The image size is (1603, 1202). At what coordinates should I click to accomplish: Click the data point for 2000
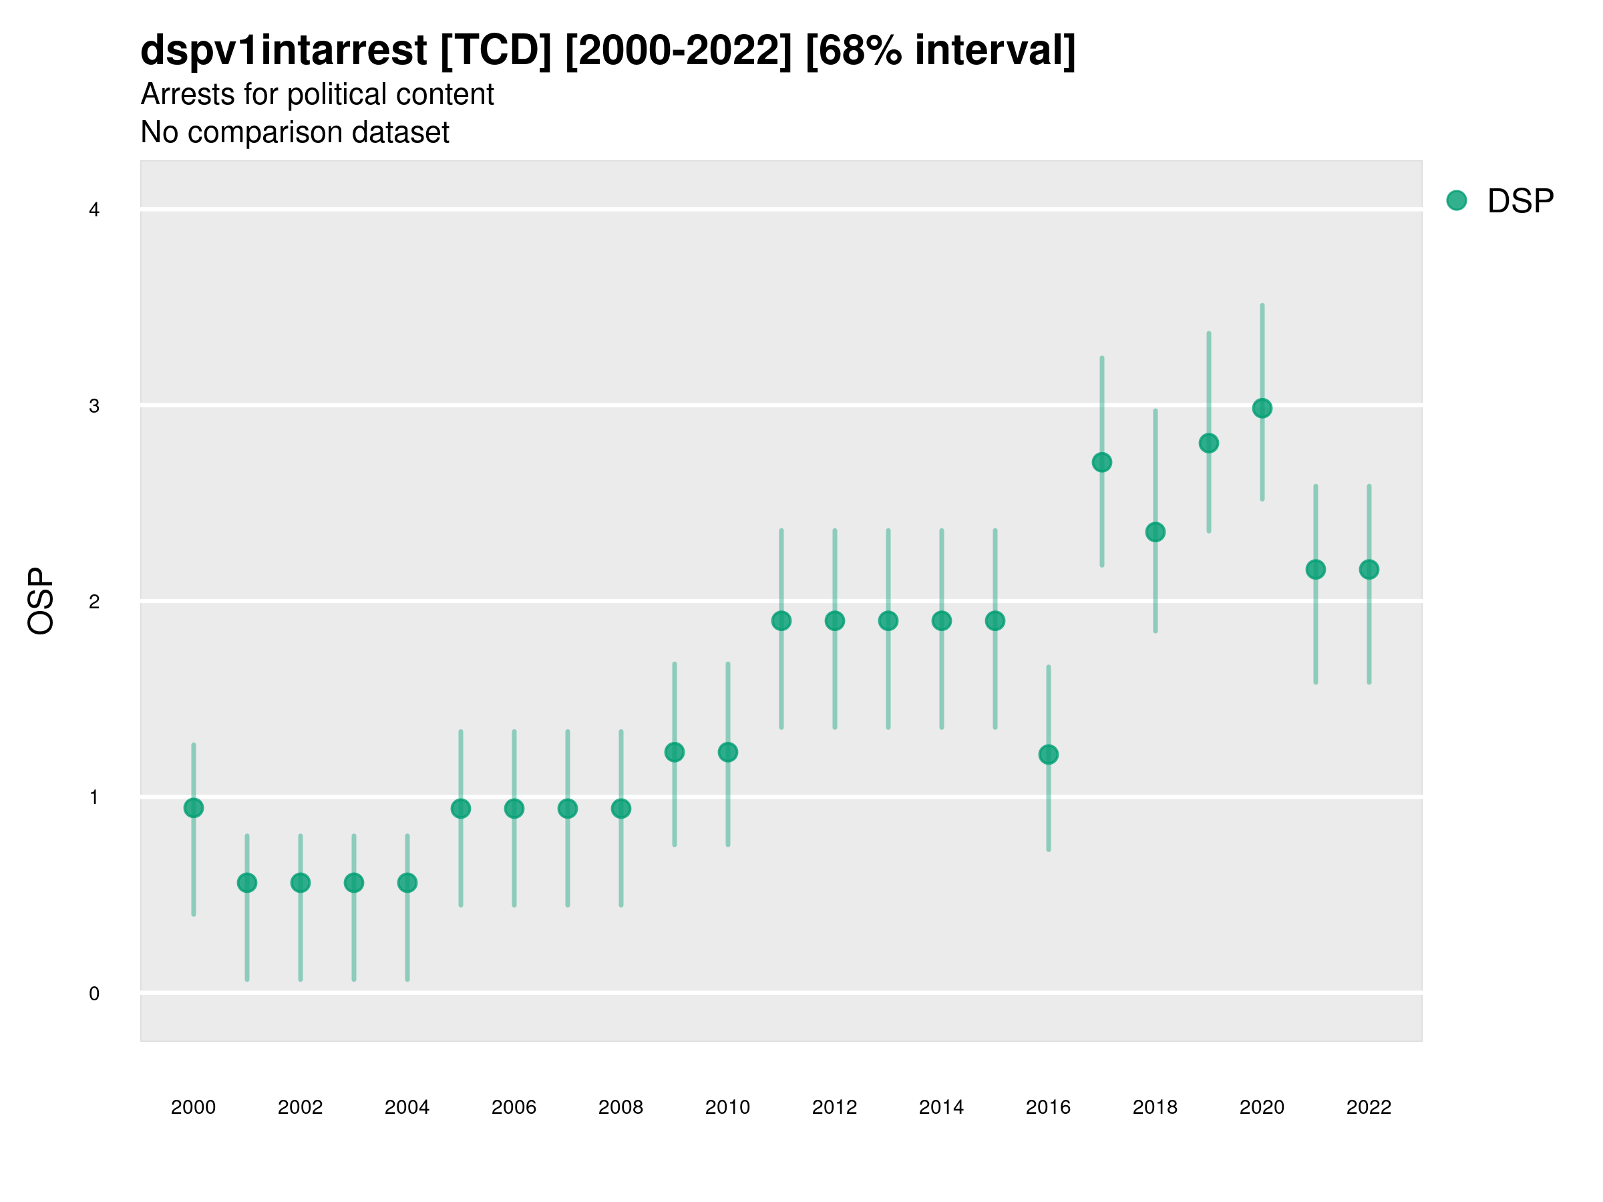(x=194, y=808)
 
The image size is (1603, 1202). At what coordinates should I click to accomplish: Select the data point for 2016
(x=1048, y=755)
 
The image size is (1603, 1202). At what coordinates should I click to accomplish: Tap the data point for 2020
(x=1262, y=409)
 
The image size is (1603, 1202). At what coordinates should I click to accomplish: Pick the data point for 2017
(x=1101, y=462)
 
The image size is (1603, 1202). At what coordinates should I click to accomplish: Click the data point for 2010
(x=727, y=753)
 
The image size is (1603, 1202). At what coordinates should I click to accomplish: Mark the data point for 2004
(x=407, y=883)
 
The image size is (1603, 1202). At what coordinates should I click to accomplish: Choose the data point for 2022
(x=1369, y=570)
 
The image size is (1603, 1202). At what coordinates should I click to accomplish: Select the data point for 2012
(x=835, y=621)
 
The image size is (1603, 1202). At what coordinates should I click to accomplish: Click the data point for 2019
(x=1209, y=443)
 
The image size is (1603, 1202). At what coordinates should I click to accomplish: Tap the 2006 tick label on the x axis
(x=514, y=1107)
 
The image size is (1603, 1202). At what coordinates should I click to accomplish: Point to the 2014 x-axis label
(x=941, y=1107)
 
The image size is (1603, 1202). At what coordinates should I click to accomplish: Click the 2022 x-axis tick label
(x=1369, y=1107)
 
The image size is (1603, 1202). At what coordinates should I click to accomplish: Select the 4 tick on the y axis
(x=94, y=210)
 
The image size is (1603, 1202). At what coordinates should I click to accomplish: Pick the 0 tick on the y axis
(x=94, y=994)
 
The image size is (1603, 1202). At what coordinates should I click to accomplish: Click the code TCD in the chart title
(x=496, y=51)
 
